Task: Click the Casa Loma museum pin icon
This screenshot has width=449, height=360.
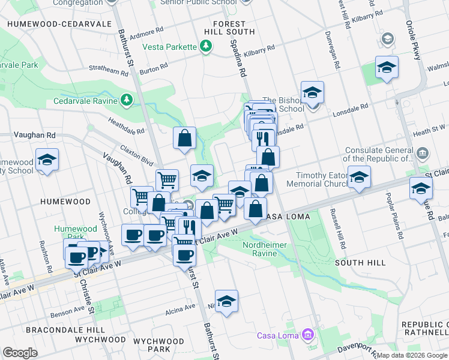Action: coord(308,334)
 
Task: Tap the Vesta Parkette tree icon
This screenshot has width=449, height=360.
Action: coord(206,46)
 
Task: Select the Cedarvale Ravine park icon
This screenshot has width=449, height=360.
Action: coord(127,100)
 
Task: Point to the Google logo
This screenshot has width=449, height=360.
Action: coord(20,353)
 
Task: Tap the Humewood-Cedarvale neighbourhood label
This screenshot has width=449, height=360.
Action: coord(59,23)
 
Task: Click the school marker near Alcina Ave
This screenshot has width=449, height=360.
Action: coord(226,301)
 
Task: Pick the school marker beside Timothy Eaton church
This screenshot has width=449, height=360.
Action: coord(359,177)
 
